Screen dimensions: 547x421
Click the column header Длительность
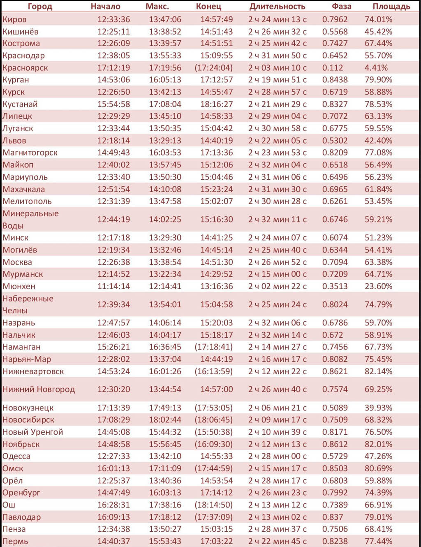(277, 7)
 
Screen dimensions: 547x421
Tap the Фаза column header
(341, 7)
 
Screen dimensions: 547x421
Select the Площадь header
(391, 7)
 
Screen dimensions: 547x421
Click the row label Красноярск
(25, 68)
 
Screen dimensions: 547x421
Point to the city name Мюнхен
(19, 286)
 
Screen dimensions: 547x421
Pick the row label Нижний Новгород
(39, 389)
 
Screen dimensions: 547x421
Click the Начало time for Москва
(113, 262)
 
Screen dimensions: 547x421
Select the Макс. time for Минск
(165, 238)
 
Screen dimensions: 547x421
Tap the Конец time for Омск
(213, 468)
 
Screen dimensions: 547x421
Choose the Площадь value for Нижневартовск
(378, 371)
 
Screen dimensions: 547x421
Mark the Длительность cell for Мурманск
(277, 274)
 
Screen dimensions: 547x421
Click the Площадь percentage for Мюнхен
(378, 286)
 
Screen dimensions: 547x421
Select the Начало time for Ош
(113, 505)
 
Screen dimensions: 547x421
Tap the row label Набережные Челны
(28, 304)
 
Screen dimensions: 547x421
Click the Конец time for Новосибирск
(213, 420)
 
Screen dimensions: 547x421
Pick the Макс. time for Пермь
(165, 541)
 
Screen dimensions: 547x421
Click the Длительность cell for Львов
(277, 141)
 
